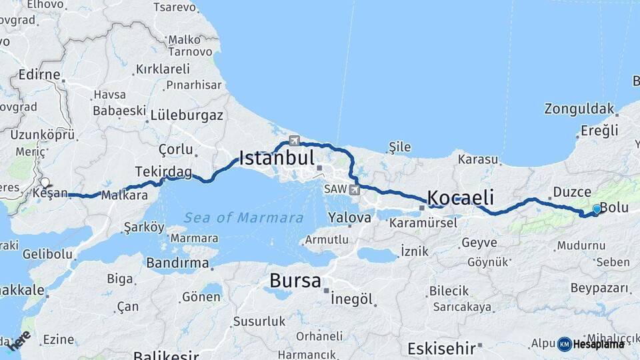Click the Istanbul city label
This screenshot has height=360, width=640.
(x=277, y=158)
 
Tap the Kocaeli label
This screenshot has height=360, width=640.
(x=461, y=197)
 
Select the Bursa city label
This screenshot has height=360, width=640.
(x=295, y=281)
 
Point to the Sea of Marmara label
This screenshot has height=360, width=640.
(x=244, y=218)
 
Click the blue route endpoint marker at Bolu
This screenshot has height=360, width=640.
(x=597, y=209)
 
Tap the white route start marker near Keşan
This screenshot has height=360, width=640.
(x=45, y=182)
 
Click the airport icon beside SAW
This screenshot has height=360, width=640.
(x=353, y=190)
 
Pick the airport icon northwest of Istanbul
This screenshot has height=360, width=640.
(x=294, y=141)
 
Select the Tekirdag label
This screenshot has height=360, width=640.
(x=163, y=172)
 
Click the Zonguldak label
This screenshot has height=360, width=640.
(x=579, y=108)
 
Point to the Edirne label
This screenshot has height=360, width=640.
(x=40, y=75)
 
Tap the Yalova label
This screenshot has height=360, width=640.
(x=349, y=218)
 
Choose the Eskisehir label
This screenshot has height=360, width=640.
(x=441, y=348)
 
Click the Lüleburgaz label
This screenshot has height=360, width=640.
(x=187, y=115)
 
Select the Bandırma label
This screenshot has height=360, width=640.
(x=178, y=263)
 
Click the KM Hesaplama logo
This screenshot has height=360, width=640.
(x=591, y=344)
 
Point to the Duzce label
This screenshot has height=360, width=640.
(x=572, y=192)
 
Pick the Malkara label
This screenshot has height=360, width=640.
(x=124, y=195)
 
